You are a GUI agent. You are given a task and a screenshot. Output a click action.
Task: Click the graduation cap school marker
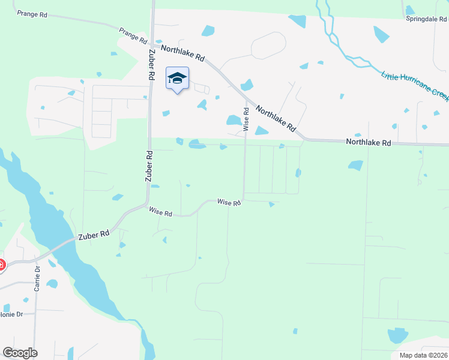point(177,79)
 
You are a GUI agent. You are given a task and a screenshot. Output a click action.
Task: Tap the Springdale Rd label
point(427,19)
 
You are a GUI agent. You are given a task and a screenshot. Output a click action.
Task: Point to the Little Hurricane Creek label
point(415,85)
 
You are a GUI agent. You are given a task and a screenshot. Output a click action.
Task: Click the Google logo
point(20,353)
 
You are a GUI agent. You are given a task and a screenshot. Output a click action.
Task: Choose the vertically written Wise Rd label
point(246,119)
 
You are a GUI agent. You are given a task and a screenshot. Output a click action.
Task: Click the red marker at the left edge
point(1,264)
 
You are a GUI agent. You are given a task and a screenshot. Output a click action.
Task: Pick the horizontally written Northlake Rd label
point(368,143)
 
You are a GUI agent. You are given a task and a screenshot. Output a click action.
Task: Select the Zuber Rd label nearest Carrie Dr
point(92,234)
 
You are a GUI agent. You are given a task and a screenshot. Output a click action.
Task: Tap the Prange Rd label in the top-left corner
point(32,13)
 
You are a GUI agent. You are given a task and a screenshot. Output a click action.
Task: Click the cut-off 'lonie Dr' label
point(11,314)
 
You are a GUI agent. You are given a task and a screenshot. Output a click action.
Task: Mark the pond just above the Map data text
point(397,336)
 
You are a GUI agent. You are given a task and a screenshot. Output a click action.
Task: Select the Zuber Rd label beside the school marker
point(149,65)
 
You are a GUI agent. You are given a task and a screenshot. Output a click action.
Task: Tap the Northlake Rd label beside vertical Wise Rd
point(276,119)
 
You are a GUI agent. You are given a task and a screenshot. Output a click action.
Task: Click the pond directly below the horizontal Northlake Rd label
point(355,165)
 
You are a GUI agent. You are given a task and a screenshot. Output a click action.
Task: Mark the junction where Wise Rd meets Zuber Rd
point(146,206)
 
